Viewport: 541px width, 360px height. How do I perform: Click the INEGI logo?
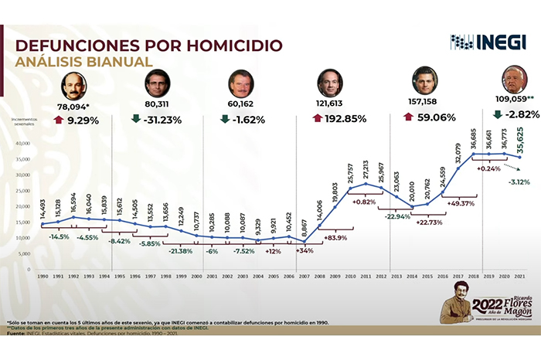click(477, 42)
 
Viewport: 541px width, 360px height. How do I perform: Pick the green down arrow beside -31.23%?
click(135, 119)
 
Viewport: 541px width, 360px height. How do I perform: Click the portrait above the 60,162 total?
click(240, 84)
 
